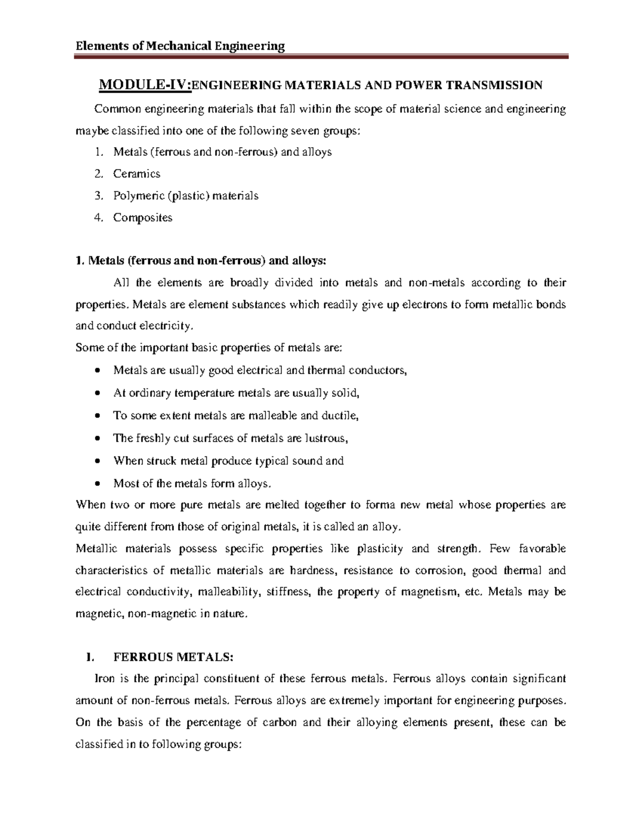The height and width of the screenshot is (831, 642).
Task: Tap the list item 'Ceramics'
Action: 136,174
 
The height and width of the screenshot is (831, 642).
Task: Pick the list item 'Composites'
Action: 142,218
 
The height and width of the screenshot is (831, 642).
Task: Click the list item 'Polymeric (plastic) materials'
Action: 186,196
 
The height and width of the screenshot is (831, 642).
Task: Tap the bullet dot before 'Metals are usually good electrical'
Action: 96,371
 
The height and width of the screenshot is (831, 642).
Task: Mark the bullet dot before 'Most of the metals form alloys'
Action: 96,484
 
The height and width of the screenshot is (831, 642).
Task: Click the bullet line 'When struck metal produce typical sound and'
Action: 228,461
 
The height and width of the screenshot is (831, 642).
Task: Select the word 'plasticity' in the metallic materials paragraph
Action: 380,548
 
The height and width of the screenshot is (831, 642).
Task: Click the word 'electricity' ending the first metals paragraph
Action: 164,326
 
